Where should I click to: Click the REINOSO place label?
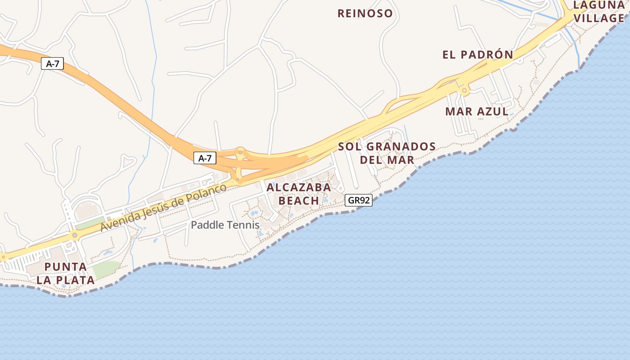tap(365, 13)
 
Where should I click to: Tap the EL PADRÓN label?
tap(477, 55)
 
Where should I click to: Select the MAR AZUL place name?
tap(477, 112)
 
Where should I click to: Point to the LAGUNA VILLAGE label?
tap(598, 12)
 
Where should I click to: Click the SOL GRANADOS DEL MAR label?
tap(387, 153)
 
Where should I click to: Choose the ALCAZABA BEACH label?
tap(299, 194)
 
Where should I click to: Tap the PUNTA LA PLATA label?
tap(66, 273)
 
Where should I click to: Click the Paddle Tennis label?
tap(225, 225)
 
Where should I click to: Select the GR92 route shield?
tap(359, 200)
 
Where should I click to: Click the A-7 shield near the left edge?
tap(53, 64)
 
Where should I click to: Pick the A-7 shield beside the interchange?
tap(205, 158)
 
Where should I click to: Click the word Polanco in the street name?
tap(207, 192)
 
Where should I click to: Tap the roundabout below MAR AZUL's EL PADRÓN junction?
tap(464, 91)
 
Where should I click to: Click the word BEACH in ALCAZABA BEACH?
tap(299, 201)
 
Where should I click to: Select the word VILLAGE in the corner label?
tap(598, 18)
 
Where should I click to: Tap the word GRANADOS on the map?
tap(400, 147)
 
